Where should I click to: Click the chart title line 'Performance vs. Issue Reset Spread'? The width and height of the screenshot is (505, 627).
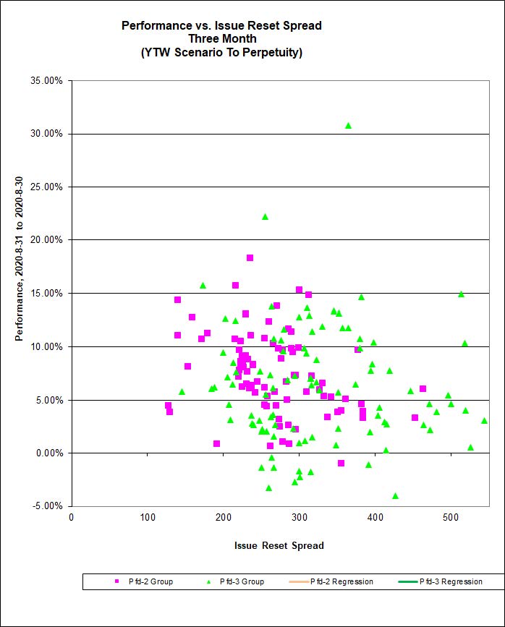tap(221, 25)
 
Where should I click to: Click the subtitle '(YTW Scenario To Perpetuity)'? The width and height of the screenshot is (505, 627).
tap(221, 52)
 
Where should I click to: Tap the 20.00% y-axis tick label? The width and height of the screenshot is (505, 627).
tap(46, 240)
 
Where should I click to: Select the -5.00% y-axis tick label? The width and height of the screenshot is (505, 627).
tap(46, 506)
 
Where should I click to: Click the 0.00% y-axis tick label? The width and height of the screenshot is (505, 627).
tap(48, 453)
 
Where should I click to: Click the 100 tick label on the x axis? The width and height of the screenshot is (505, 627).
tap(148, 518)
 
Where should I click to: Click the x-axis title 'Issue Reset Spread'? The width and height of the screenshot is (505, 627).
tap(279, 545)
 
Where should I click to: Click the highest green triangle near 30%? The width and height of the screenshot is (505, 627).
tap(348, 126)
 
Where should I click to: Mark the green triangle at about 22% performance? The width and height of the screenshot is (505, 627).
tap(265, 217)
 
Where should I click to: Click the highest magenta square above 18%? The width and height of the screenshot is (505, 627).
tap(250, 257)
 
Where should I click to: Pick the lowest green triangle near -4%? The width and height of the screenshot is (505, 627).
tap(395, 496)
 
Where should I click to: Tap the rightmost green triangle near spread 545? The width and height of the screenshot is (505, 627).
tap(484, 420)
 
